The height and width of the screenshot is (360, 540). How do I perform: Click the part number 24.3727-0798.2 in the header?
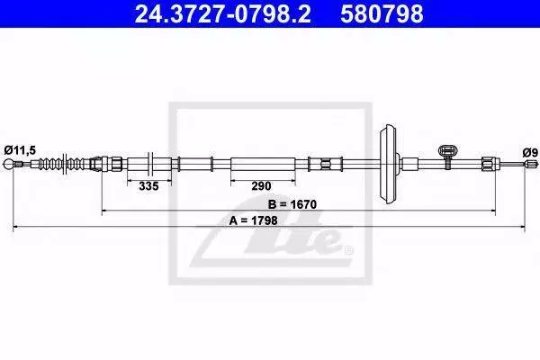(x=222, y=14)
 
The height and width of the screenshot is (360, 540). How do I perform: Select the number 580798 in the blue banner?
(x=382, y=14)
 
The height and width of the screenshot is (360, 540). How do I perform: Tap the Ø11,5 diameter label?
(x=20, y=150)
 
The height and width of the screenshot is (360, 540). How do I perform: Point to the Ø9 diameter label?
(x=530, y=152)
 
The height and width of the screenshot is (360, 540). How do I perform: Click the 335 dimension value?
(x=148, y=186)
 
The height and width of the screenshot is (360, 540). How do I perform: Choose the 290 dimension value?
(x=261, y=186)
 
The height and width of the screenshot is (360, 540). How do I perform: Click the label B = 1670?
(x=292, y=204)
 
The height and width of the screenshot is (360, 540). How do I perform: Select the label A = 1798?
(x=253, y=220)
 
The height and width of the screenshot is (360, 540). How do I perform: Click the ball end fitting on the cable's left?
(x=8, y=164)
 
